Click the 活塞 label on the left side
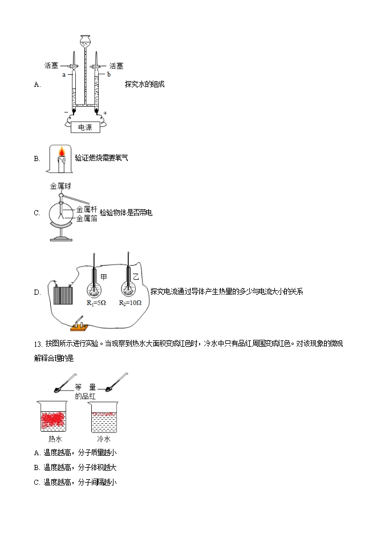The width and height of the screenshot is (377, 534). tap(51, 65)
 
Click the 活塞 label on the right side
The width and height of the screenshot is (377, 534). tap(116, 65)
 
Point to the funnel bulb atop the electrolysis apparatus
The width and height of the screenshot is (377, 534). tap(85, 41)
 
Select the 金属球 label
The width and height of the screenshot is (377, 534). tap(60, 186)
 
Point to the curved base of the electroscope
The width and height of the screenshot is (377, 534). tap(63, 230)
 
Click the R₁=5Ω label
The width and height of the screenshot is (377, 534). tap(96, 303)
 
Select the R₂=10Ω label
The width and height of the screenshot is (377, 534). tap(130, 303)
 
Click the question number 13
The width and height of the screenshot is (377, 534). tap(38, 343)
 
